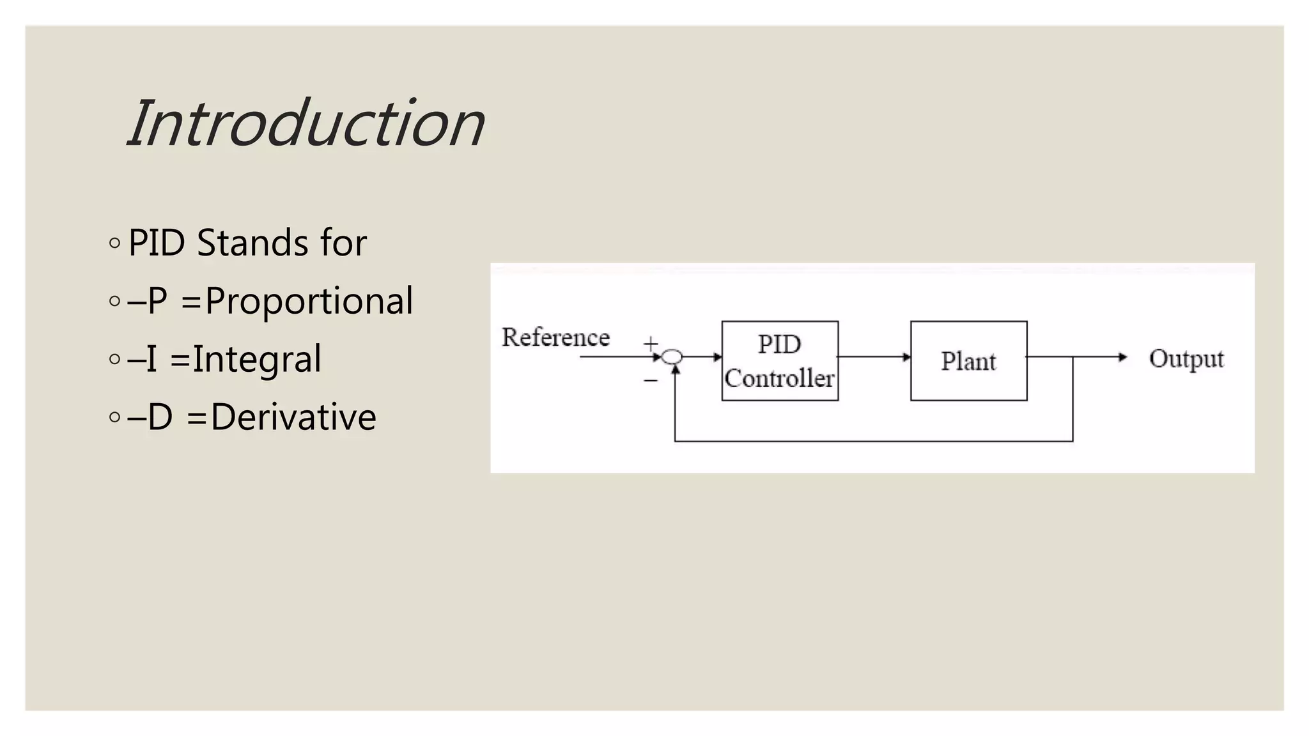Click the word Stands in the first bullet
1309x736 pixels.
(253, 243)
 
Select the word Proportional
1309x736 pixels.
(309, 301)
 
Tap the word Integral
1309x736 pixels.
(257, 359)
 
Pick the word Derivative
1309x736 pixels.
(293, 417)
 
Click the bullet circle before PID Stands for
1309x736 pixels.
(114, 243)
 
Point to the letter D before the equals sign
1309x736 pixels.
(160, 417)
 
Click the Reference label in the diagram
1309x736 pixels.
(555, 337)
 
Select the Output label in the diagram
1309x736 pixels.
(1186, 358)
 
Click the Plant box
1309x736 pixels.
(968, 361)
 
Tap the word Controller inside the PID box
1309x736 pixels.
(779, 379)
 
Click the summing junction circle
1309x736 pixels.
(672, 357)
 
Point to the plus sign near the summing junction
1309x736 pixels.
(650, 344)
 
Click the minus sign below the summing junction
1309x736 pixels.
(650, 381)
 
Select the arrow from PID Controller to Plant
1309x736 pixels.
(874, 357)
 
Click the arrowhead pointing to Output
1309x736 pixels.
(1122, 357)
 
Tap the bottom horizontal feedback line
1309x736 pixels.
(873, 441)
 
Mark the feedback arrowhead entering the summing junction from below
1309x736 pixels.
(675, 369)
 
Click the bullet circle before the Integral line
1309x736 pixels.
(114, 359)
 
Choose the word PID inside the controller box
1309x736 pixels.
(779, 344)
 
